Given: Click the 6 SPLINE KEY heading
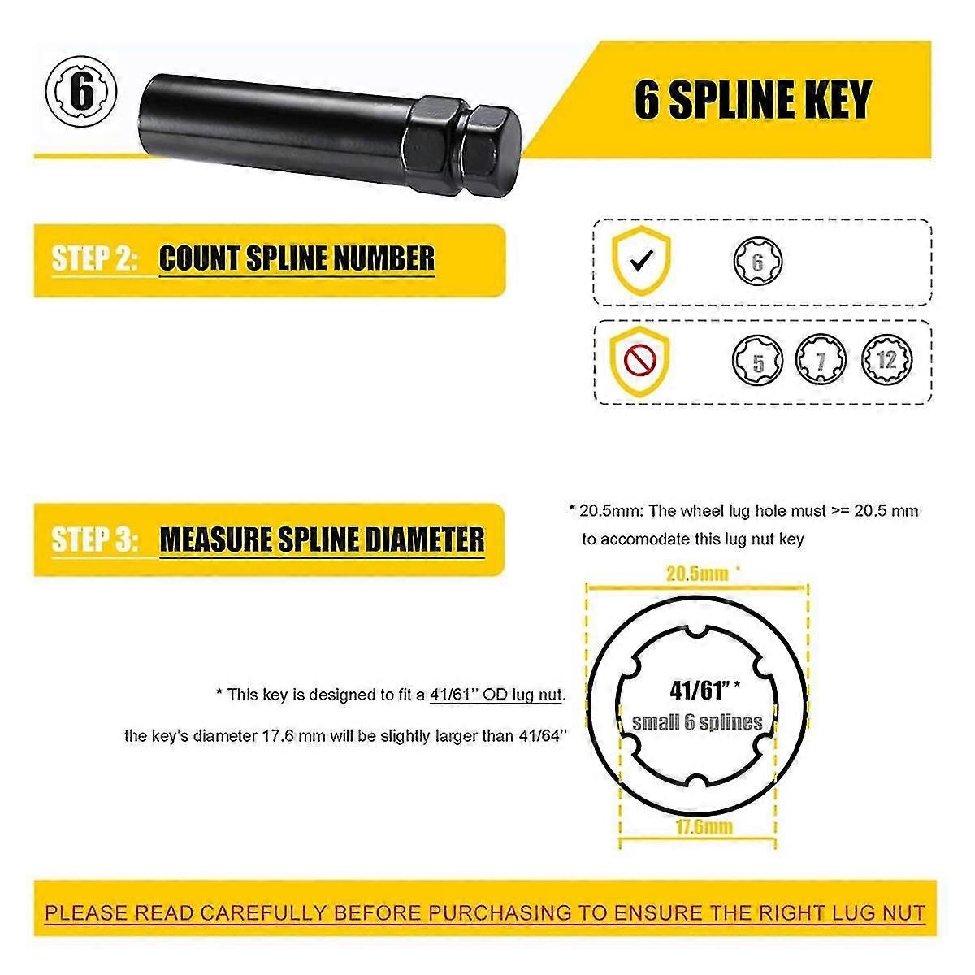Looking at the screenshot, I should point(752,100).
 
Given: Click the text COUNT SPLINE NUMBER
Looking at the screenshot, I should point(297,259).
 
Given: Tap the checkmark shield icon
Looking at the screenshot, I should point(641,260).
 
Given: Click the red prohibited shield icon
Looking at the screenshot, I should point(641,358).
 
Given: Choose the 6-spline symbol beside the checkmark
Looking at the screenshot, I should point(758,262).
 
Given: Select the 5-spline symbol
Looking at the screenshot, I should point(758,360).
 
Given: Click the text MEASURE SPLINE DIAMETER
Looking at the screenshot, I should point(322,539).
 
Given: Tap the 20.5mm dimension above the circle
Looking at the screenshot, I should point(697,574).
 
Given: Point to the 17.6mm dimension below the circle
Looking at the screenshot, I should point(704,827).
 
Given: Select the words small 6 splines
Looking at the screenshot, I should point(697,721).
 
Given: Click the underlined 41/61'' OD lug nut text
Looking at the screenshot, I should point(496,695).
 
